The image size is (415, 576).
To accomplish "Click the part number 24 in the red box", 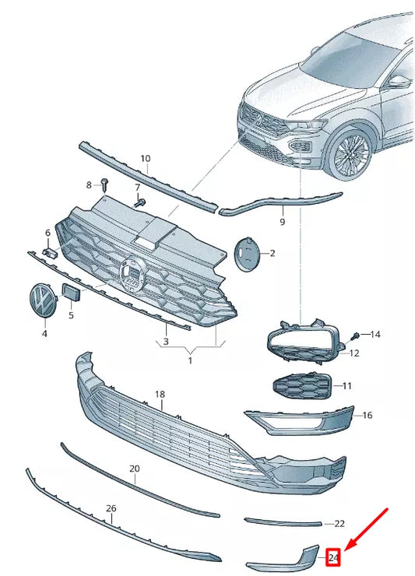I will (334, 557).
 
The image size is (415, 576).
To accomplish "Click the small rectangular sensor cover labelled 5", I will (70, 293).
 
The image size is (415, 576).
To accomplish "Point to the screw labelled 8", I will (105, 184).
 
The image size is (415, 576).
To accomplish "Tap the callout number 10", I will (145, 159).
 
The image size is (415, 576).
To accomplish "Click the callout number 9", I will (282, 222).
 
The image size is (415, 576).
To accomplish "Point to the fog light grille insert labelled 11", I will (301, 386).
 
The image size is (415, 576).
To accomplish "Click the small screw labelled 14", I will (356, 335).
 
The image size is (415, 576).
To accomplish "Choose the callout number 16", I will (367, 416).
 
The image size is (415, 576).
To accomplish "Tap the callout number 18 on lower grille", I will (160, 395).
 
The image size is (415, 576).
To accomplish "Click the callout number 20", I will (134, 469).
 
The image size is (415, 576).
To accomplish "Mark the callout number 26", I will (111, 508).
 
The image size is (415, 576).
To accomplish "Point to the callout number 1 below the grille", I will (188, 360).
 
